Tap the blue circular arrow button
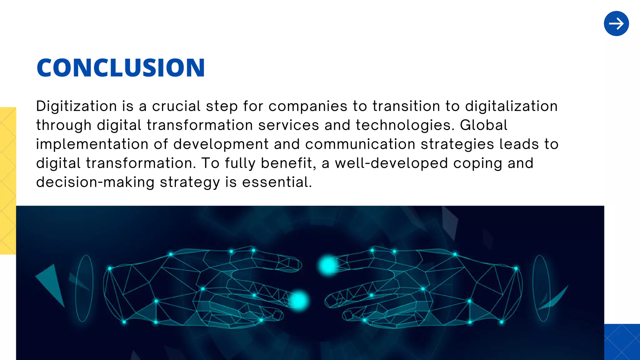616,24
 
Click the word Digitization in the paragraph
76,106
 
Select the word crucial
176,106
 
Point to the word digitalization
511,106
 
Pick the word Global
484,125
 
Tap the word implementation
92,144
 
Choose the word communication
360,144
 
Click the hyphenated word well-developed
392,163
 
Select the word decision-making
95,182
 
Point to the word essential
277,182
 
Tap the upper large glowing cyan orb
328,265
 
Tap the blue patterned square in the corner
622,342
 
